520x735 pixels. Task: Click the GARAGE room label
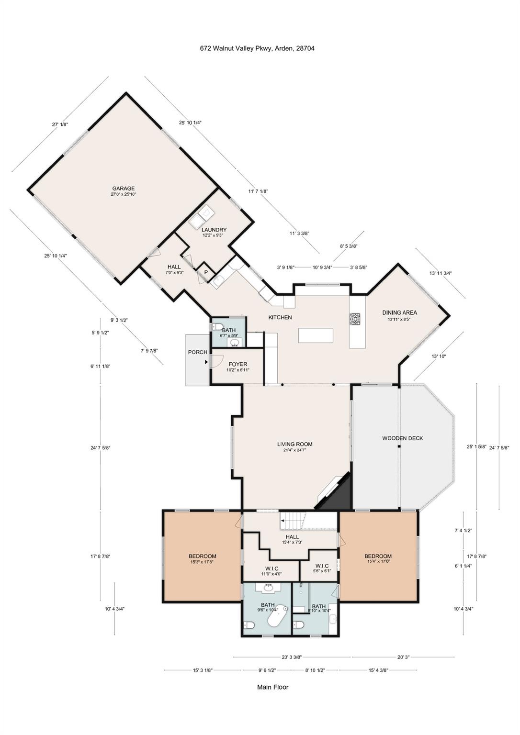tap(124, 189)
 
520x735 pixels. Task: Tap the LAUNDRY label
tap(214, 230)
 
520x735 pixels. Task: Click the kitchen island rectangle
tap(316, 335)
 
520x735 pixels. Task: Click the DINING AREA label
tap(399, 312)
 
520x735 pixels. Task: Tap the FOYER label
tap(238, 364)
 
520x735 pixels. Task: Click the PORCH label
tap(198, 352)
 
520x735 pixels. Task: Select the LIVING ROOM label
tap(295, 444)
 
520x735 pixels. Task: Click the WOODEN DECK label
tap(403, 438)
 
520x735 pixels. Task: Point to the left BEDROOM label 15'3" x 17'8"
tap(202, 556)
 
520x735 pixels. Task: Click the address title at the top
tap(258, 48)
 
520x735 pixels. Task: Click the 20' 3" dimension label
tap(404, 657)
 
